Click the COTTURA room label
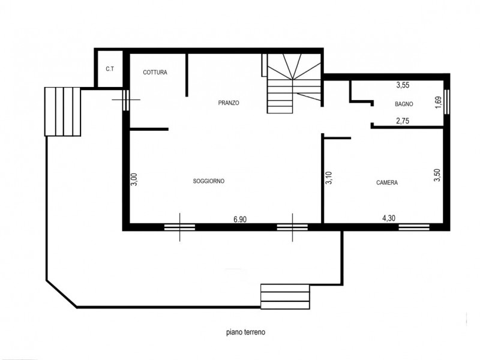tap(155, 72)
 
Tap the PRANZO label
tap(229, 103)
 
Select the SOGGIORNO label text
tap(209, 181)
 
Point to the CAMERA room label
tap(387, 182)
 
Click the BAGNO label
tap(404, 104)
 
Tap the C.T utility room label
tap(110, 69)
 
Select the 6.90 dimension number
tap(239, 219)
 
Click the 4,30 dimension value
tap(389, 218)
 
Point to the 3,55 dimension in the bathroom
tap(403, 85)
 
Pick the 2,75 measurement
tap(403, 121)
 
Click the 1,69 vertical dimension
tap(439, 102)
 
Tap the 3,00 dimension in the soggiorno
tap(134, 179)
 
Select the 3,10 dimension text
tap(329, 178)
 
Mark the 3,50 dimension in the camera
tap(437, 175)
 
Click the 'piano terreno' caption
tap(246, 332)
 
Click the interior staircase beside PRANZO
tap(294, 83)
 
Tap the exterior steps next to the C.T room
tap(63, 112)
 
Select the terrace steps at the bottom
tap(285, 296)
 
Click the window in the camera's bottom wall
tap(414, 227)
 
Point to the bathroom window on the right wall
tap(446, 102)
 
